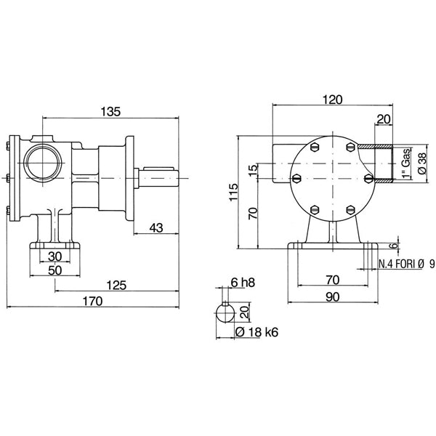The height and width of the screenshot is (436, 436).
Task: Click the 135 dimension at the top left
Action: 110,111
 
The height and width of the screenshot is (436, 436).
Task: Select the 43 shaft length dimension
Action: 156,228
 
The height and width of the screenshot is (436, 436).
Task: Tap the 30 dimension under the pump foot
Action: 54,257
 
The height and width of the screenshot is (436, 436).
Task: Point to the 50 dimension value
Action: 54,270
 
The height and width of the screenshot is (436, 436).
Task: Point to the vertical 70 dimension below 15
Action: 253,214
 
